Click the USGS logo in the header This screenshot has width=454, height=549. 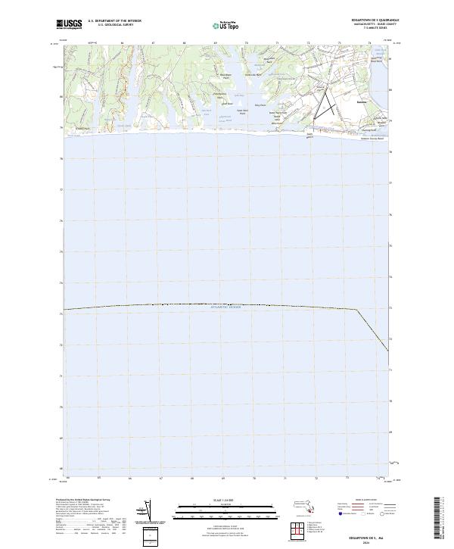pos(70,24)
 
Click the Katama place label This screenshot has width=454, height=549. pos(362,99)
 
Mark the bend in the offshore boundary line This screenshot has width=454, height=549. pos(357,309)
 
